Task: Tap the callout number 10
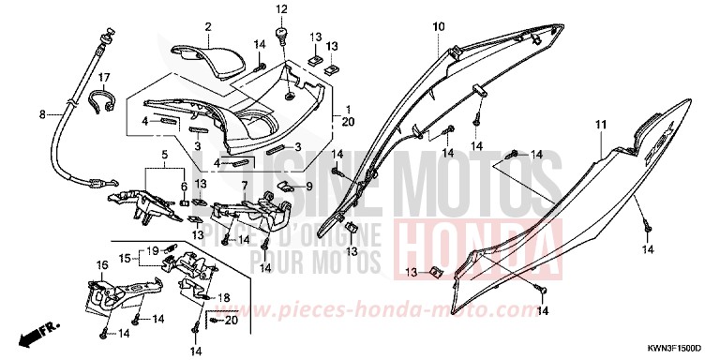[x=437, y=28]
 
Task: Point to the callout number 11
[x=600, y=125]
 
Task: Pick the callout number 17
[x=104, y=77]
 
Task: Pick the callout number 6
[x=184, y=187]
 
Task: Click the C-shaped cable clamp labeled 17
[x=102, y=100]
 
